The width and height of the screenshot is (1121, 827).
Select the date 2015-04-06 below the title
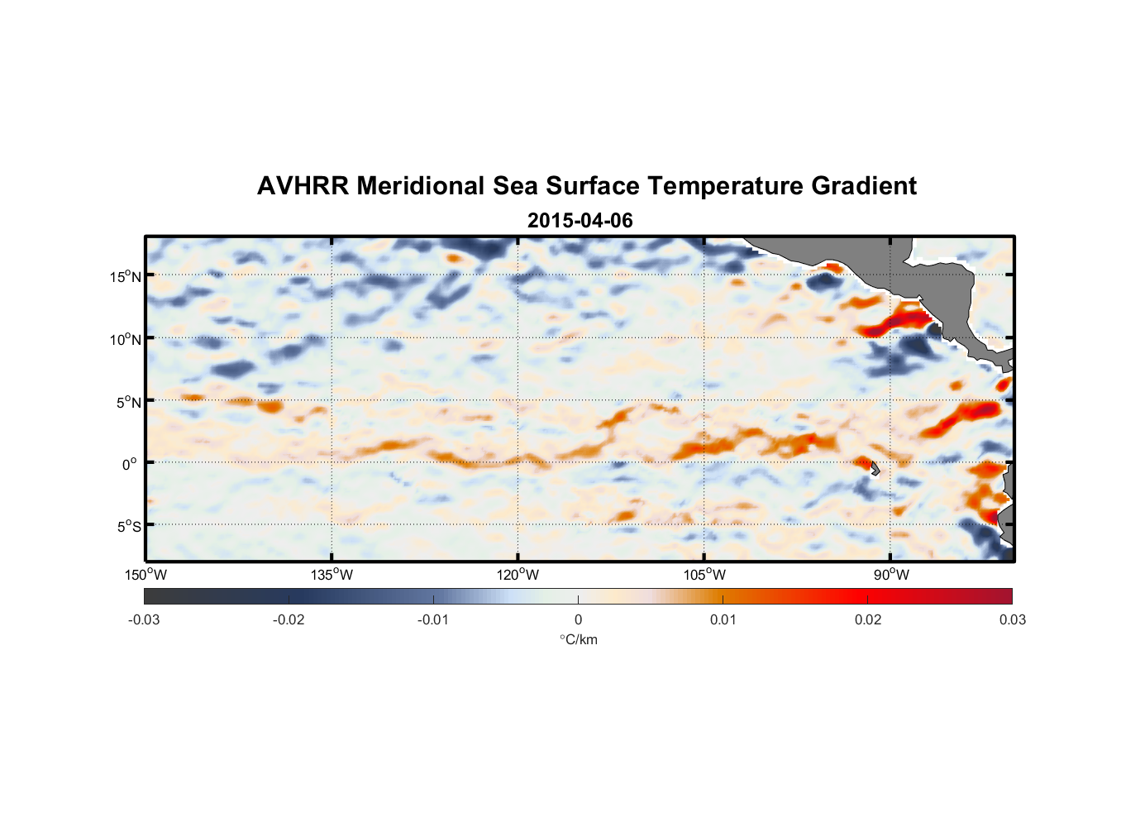click(580, 221)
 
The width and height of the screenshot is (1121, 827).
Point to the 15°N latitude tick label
click(126, 276)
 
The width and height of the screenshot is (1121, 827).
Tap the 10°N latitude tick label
click(126, 339)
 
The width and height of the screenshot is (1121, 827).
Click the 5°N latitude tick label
click(128, 402)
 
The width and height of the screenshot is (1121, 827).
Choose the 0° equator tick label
click(130, 464)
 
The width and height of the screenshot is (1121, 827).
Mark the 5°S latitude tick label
click(128, 526)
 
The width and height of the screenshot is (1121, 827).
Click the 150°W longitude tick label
click(145, 575)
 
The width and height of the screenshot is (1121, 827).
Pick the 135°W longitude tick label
click(332, 575)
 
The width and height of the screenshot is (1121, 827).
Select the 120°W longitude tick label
click(518, 575)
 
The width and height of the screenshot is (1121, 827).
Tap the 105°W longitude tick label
click(704, 575)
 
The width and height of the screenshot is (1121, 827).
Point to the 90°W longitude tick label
click(891, 575)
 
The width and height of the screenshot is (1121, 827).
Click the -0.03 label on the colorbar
click(144, 619)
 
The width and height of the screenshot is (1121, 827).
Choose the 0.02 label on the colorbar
click(868, 619)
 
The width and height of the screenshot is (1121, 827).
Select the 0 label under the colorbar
click(578, 619)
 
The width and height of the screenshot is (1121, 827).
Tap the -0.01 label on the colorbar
click(433, 619)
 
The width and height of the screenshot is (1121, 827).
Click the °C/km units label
click(578, 639)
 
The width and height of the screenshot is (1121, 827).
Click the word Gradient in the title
click(864, 186)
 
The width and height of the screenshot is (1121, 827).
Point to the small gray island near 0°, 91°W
click(875, 468)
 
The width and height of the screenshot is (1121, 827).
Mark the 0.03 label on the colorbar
click(1012, 619)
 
